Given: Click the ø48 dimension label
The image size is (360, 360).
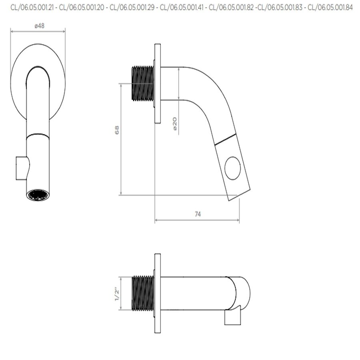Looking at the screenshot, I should (39, 26).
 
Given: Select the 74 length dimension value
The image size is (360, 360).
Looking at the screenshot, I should (198, 214).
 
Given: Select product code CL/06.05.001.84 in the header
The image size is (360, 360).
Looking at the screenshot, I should (330, 7).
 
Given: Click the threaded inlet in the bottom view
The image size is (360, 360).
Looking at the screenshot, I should (142, 293).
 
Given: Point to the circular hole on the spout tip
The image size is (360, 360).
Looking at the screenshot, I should (233, 168).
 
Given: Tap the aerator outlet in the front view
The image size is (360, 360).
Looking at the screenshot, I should (38, 195).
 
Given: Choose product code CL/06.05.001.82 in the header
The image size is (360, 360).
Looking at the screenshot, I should (231, 7).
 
